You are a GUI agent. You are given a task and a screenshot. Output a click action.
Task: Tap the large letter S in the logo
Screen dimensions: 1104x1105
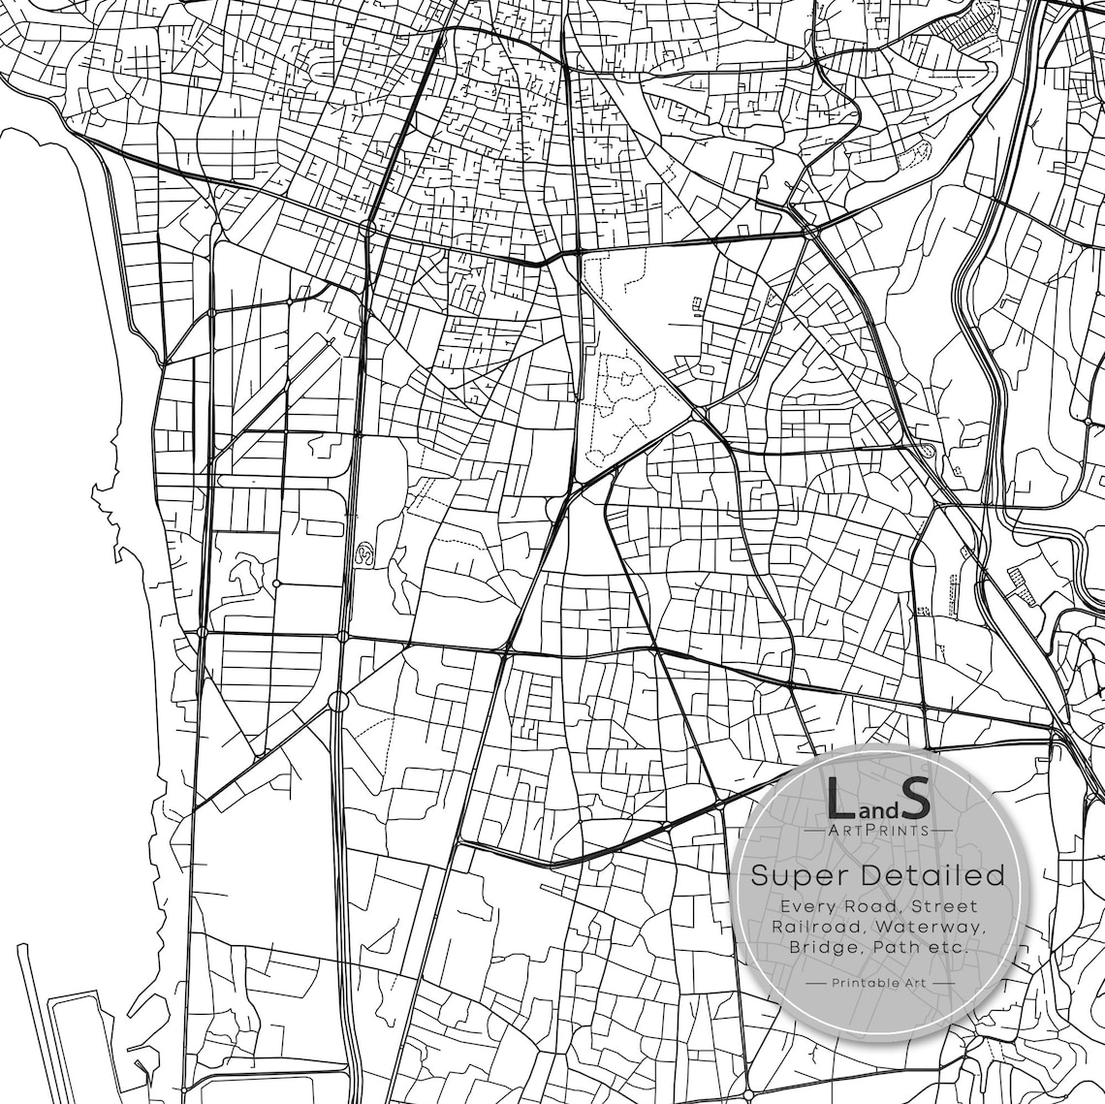(915, 797)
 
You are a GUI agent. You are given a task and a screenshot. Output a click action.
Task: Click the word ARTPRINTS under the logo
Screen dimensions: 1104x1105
(878, 830)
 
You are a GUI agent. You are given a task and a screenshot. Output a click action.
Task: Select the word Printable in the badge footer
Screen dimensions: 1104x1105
(864, 983)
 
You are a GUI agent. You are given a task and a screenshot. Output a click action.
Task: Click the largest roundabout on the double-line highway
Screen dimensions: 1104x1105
(337, 700)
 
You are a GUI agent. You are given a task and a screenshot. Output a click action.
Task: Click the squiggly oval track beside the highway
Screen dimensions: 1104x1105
(366, 553)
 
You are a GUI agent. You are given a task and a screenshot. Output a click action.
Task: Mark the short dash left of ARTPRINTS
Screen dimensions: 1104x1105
(812, 830)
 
